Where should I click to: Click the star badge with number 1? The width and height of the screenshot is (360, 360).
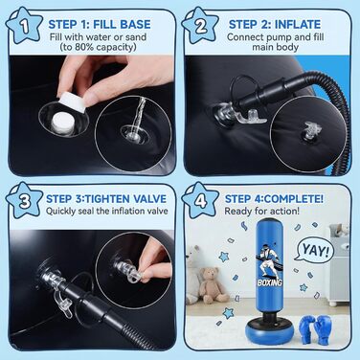click(24, 27)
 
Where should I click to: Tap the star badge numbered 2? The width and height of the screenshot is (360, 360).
click(200, 26)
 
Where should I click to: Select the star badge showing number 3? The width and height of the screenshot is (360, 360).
click(24, 201)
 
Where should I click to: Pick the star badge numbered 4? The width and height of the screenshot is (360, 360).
click(200, 201)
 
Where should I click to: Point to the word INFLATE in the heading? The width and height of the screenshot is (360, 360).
click(298, 24)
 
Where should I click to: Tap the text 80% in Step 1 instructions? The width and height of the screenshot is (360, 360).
click(84, 47)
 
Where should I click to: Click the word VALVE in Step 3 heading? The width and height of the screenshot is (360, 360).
click(150, 198)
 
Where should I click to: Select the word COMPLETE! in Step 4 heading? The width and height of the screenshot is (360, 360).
click(294, 198)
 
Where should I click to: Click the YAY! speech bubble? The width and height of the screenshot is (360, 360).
click(315, 250)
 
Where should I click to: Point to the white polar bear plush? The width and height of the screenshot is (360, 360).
click(192, 275)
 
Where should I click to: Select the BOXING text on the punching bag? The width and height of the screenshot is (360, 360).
click(270, 282)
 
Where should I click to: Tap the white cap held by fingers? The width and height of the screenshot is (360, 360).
click(73, 101)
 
